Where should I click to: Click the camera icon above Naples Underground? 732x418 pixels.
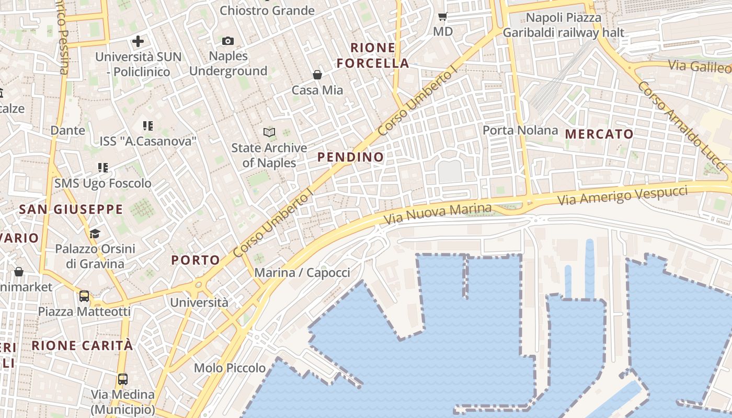click(x=228, y=41)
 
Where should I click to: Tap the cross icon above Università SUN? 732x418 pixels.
click(x=138, y=41)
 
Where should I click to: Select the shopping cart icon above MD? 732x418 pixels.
click(x=442, y=17)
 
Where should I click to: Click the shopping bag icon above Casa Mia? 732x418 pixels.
click(x=317, y=75)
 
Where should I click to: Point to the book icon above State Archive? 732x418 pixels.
click(x=269, y=132)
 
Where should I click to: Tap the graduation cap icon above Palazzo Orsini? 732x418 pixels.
click(x=95, y=233)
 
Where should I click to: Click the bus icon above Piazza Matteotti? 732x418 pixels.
click(x=84, y=296)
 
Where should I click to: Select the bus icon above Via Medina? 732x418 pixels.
click(x=122, y=379)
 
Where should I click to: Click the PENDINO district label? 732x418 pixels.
click(x=350, y=157)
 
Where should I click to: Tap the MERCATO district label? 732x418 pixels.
click(x=599, y=134)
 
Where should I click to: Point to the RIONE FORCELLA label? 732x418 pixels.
click(x=373, y=55)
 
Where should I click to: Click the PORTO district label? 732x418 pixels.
click(x=196, y=260)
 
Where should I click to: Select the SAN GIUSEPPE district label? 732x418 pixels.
click(x=71, y=210)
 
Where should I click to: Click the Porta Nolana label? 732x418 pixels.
click(x=520, y=130)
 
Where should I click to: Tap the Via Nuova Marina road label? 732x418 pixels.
click(x=438, y=214)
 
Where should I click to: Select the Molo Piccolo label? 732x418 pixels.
click(x=230, y=368)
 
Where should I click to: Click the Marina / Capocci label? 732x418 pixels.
click(x=302, y=272)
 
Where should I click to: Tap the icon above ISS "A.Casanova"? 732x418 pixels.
click(x=148, y=126)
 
